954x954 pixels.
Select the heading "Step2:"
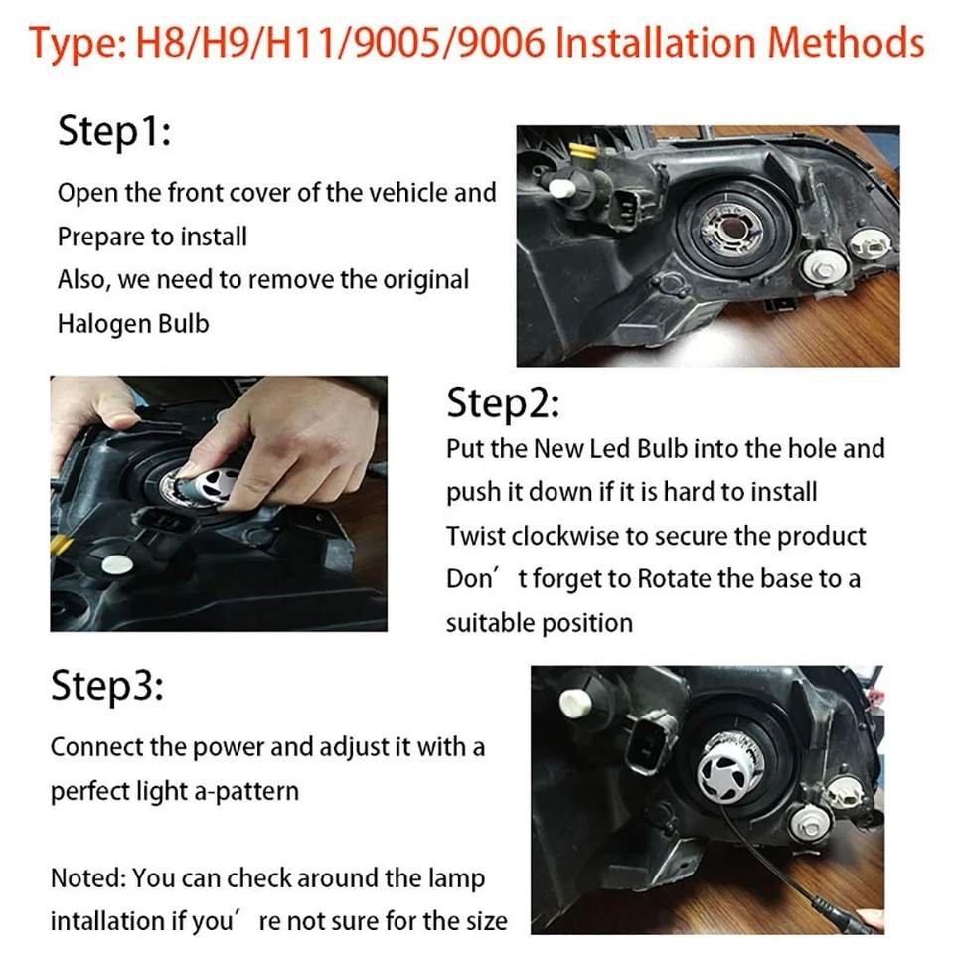point(503,403)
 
